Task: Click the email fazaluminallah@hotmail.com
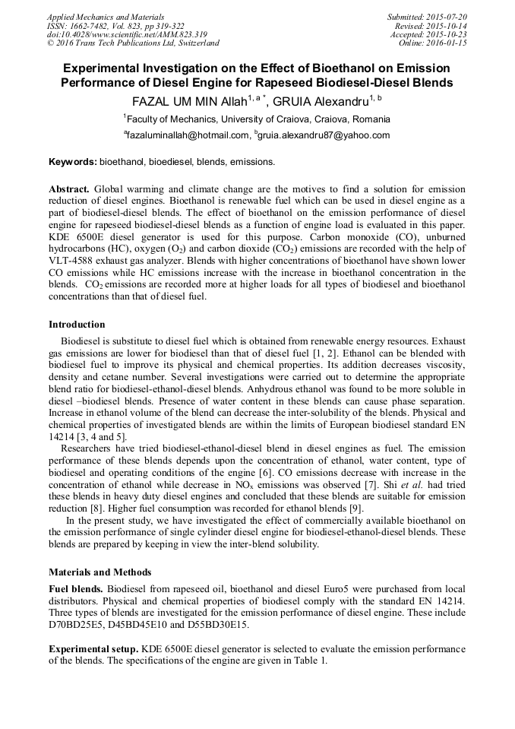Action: click(x=188, y=136)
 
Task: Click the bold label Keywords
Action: click(x=72, y=162)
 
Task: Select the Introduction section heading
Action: click(x=77, y=325)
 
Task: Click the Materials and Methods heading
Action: click(x=100, y=572)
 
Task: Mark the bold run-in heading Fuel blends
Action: click(x=75, y=590)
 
